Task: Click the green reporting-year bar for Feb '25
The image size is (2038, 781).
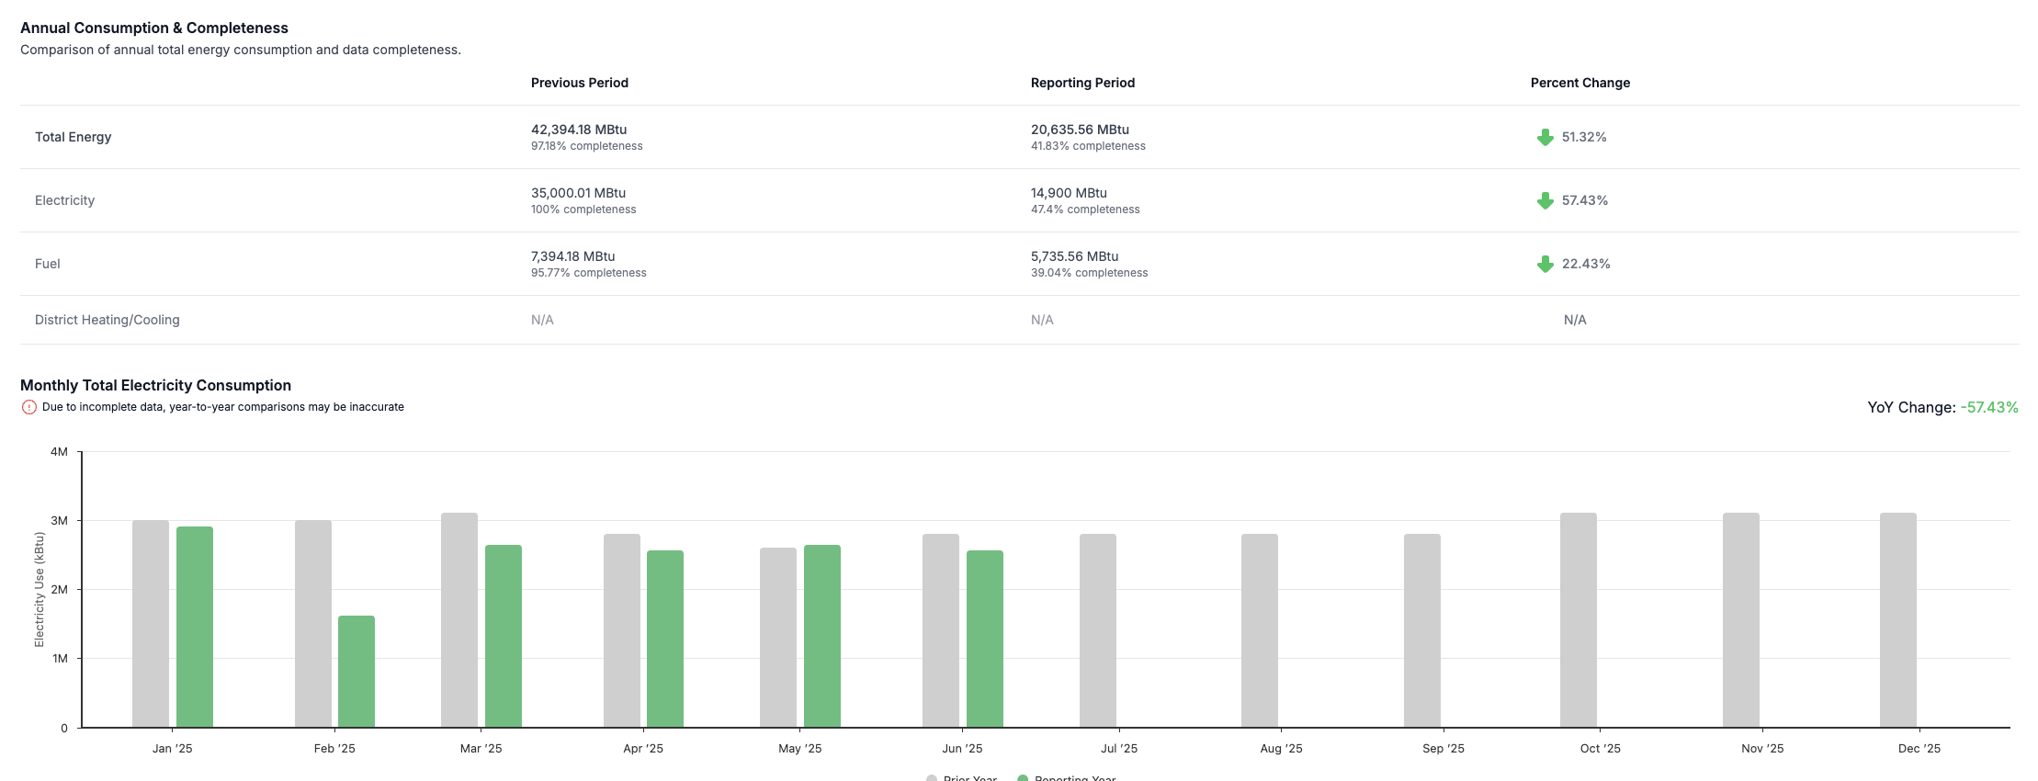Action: pos(357,671)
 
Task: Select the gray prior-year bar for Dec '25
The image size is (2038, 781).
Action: pos(1897,620)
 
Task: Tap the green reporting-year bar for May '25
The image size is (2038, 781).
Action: pos(821,636)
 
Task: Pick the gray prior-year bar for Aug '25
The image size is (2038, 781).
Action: pos(1259,630)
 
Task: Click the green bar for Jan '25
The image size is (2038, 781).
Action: pos(195,627)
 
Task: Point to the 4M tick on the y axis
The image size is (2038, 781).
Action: pos(60,452)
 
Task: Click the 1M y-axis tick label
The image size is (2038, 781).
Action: pos(60,659)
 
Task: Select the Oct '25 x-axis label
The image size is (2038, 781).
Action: pos(1600,749)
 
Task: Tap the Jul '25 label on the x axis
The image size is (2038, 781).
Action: pos(1118,749)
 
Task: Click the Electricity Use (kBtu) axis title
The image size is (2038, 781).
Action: pos(40,589)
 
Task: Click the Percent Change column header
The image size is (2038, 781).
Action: pos(1579,83)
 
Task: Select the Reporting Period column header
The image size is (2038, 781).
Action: pos(1082,83)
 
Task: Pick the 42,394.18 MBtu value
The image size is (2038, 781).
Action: pos(579,130)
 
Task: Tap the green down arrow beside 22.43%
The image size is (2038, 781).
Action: pos(1545,264)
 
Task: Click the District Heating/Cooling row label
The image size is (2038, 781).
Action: pos(108,320)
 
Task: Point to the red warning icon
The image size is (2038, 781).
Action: pos(29,407)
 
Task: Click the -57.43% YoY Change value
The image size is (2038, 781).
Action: pos(1989,407)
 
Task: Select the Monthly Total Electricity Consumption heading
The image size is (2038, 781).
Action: pos(155,385)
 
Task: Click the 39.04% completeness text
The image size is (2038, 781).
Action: pos(1089,273)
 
